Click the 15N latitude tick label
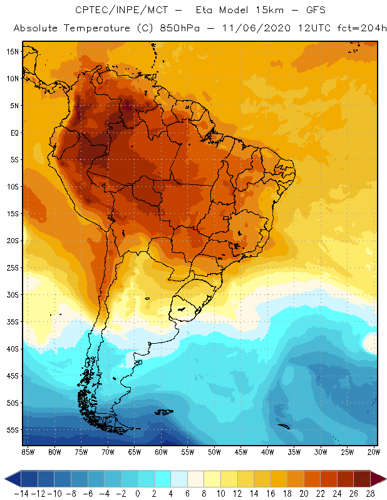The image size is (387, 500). click(x=12, y=51)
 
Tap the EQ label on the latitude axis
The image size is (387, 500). click(x=13, y=132)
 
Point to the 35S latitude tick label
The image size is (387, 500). click(x=12, y=322)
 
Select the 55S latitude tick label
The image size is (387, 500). click(x=12, y=430)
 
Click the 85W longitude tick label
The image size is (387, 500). click(x=28, y=452)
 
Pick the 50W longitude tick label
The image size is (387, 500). click(x=215, y=452)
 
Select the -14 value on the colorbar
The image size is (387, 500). click(x=21, y=493)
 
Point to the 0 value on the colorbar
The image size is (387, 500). click(x=138, y=493)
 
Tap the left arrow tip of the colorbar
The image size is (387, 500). click(x=7, y=479)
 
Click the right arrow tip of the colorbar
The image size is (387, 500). click(x=383, y=479)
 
